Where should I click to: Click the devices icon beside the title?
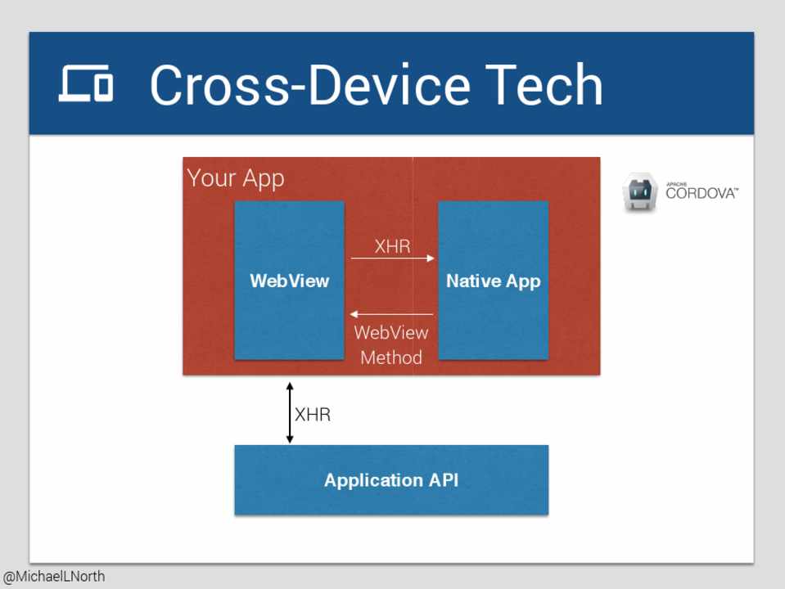[x=86, y=83]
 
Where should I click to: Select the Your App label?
[x=236, y=178]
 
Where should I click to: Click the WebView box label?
[x=290, y=281]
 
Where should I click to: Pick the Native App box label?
[x=493, y=281]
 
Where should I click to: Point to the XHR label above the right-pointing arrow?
[x=393, y=246]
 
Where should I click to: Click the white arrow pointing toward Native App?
[x=393, y=259]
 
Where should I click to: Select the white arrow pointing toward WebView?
[x=391, y=314]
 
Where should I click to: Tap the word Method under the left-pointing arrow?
[x=391, y=357]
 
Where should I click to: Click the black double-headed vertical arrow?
[x=290, y=413]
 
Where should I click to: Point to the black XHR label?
[x=313, y=415]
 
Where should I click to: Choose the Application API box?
[x=391, y=480]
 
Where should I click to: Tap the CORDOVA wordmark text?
[x=702, y=194]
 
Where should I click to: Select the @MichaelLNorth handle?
[x=53, y=577]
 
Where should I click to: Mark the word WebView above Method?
[x=391, y=333]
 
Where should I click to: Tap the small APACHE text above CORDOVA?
[x=676, y=185]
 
